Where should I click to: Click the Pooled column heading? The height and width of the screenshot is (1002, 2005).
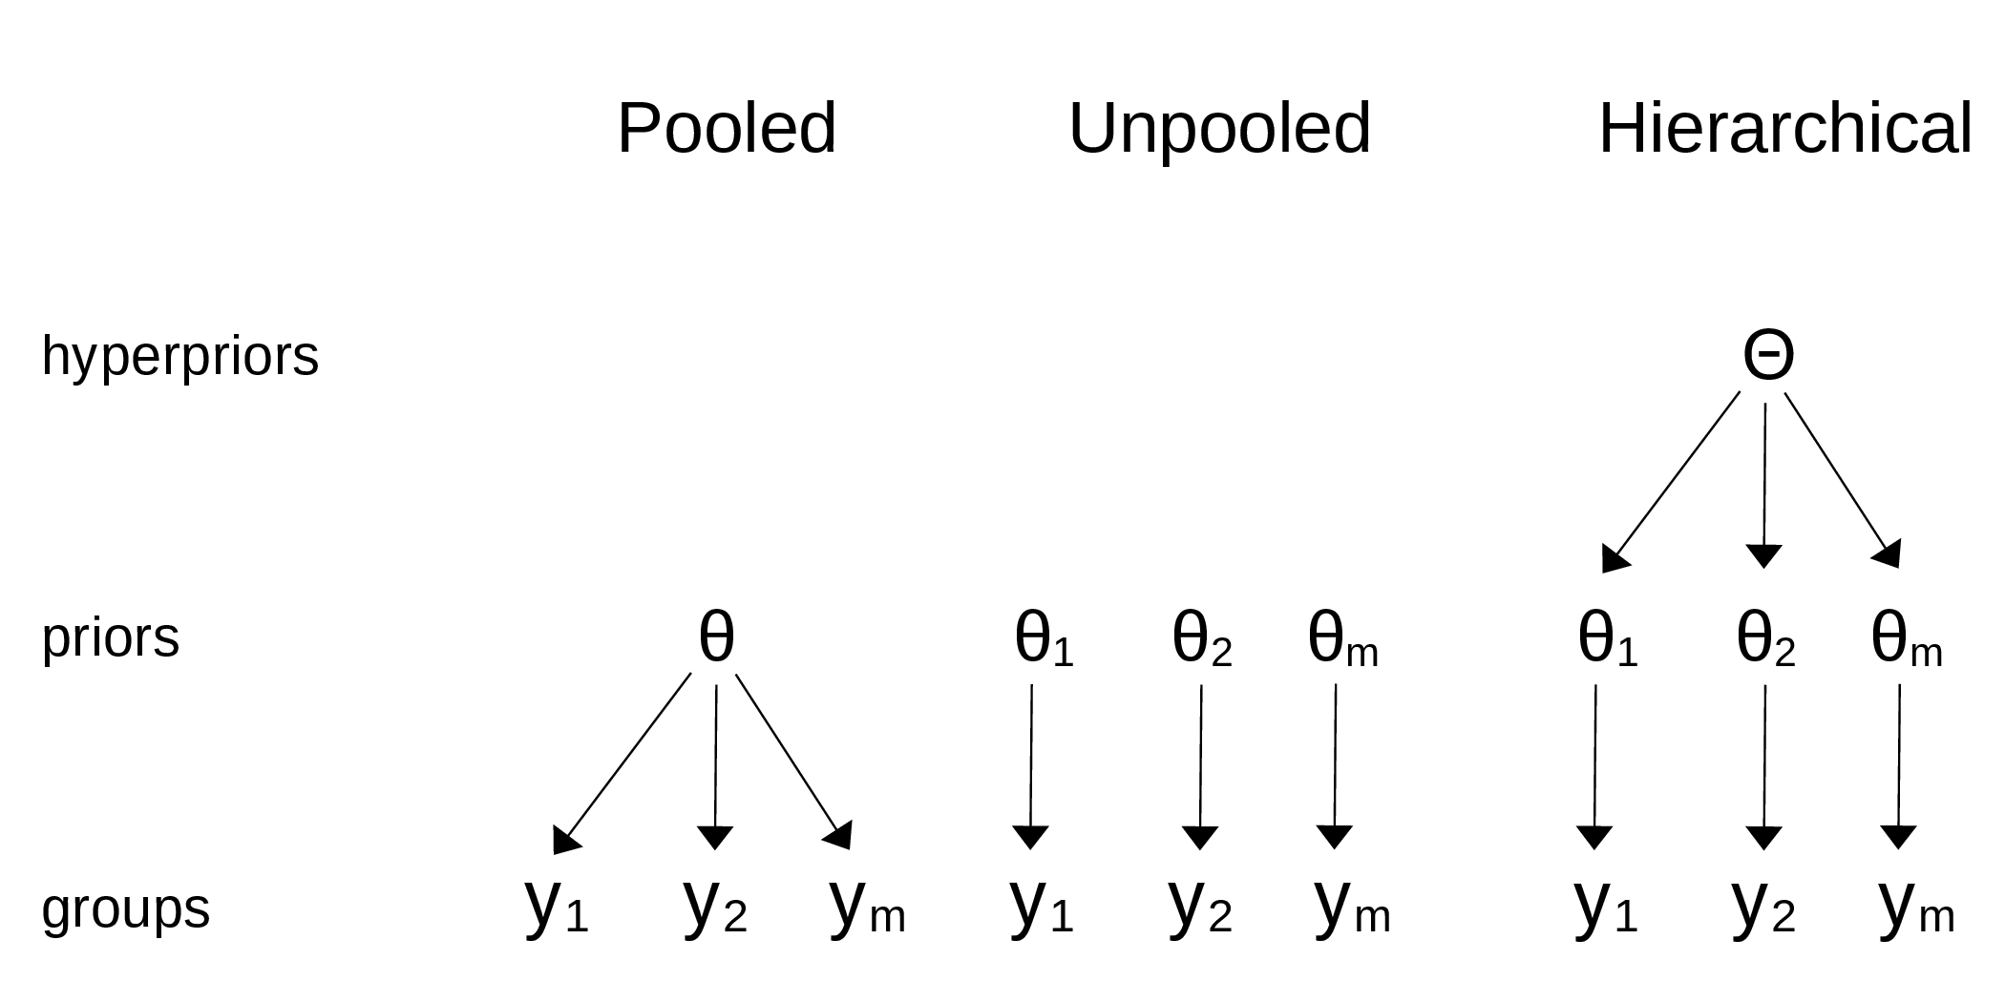[727, 128]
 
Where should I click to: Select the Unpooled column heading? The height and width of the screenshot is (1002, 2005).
[1219, 128]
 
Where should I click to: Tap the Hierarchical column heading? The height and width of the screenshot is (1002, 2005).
[1784, 128]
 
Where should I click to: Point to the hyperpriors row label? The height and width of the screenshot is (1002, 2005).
[180, 357]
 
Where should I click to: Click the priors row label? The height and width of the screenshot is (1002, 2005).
[111, 637]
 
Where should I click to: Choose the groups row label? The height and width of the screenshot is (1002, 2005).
[126, 908]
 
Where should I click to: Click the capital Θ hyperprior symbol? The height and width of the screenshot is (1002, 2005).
[1768, 355]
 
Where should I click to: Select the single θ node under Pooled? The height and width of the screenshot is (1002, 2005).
[716, 637]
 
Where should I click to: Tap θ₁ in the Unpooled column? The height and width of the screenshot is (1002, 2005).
[1045, 638]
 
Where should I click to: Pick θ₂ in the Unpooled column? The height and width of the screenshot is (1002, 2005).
[1202, 638]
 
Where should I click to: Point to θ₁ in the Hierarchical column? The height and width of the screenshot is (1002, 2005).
[1608, 638]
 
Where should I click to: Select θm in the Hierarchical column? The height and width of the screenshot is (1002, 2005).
[1907, 638]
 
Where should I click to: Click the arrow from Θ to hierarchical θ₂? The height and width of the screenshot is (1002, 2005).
[1764, 486]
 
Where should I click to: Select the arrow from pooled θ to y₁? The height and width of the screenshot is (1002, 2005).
[622, 763]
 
